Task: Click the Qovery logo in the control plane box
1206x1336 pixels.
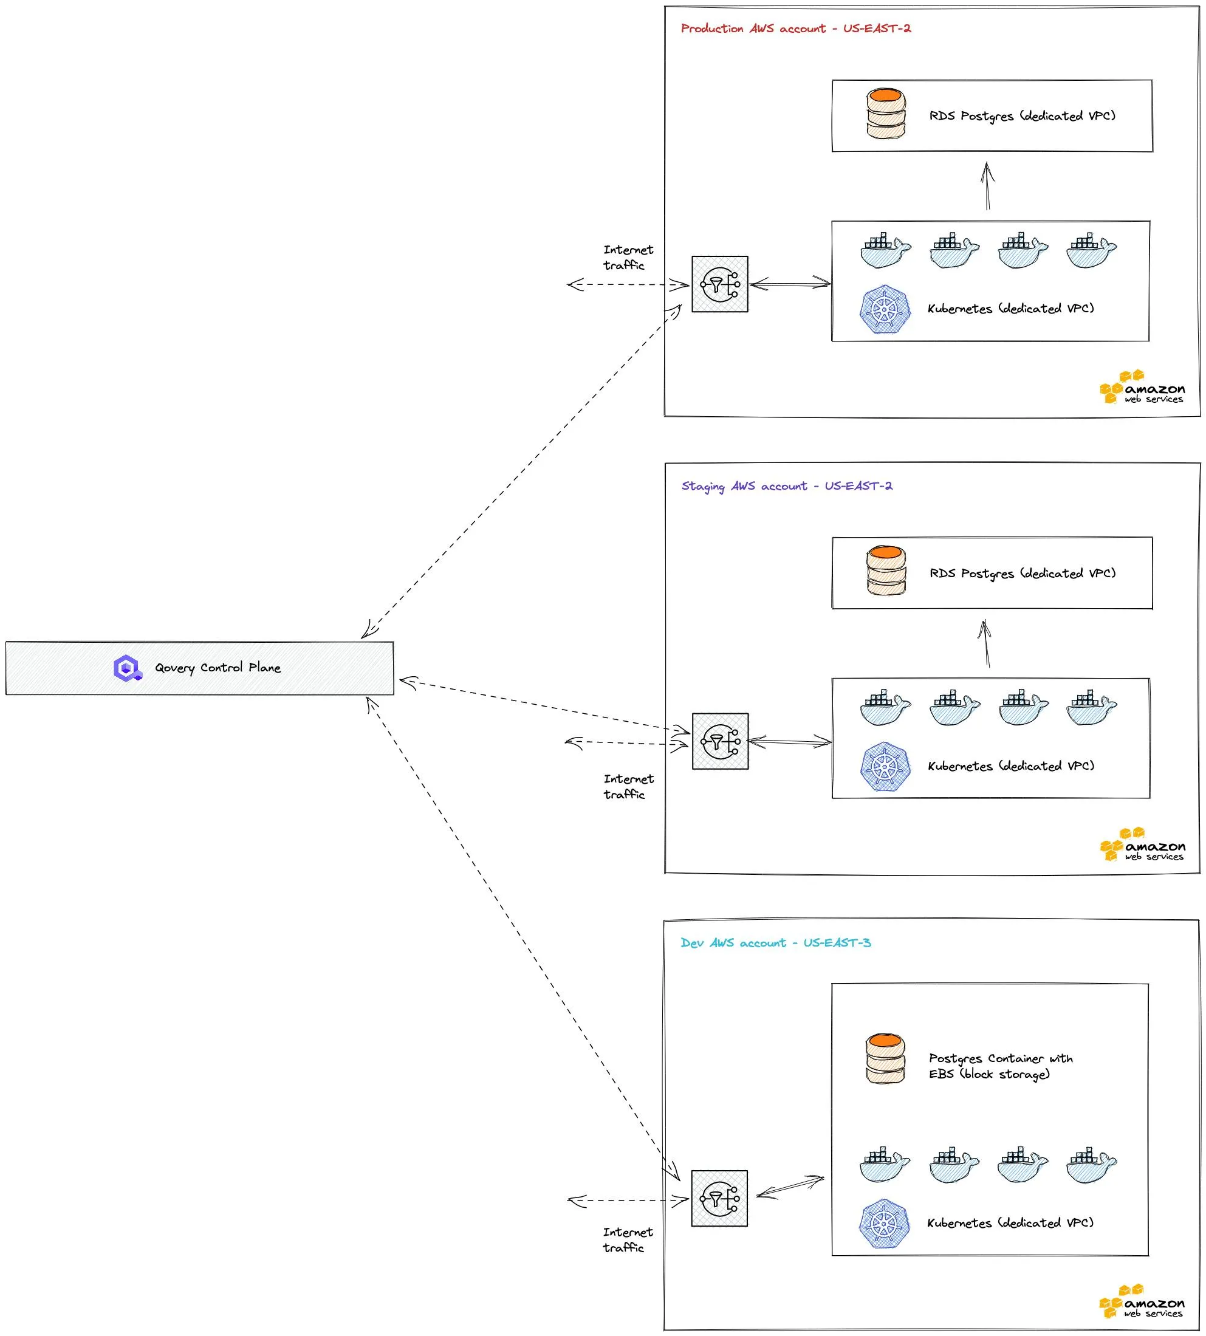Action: coord(127,668)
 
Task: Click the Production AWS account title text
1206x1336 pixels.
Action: coord(796,29)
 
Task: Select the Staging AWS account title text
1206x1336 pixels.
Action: coord(787,487)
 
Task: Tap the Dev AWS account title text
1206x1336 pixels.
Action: coord(775,943)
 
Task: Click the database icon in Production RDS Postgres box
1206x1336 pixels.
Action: coord(886,115)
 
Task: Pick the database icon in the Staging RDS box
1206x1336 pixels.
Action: coord(886,571)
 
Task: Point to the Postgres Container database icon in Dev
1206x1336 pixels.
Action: coord(885,1059)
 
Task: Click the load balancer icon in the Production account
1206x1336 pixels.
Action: coord(719,284)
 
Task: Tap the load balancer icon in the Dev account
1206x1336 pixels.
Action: coord(719,1199)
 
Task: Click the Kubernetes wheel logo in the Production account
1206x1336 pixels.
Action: coord(885,309)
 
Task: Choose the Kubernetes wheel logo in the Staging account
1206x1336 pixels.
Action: coord(885,767)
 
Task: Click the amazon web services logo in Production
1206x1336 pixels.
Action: coord(1142,388)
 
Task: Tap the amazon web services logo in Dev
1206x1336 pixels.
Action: coord(1142,1302)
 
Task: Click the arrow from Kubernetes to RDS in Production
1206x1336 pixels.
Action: coord(987,187)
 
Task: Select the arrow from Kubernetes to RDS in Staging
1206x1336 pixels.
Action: coord(986,643)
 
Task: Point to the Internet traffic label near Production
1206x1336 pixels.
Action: coord(628,258)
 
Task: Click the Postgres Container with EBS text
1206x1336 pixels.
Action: coord(999,1066)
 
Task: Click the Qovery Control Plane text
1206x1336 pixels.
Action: coord(218,668)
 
